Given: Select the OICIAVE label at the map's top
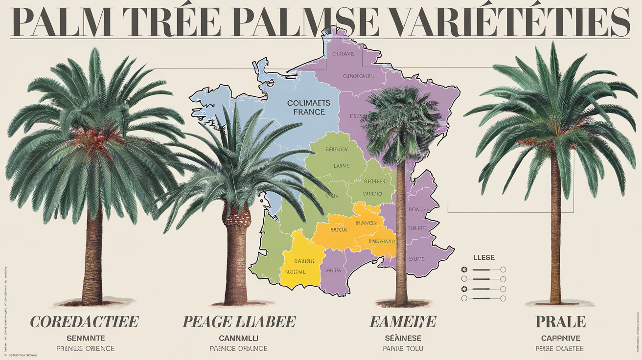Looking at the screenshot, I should (x=343, y=54).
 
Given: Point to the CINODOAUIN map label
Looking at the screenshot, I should (x=358, y=76).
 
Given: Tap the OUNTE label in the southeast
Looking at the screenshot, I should (x=416, y=258).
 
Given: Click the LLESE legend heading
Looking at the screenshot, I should (x=484, y=257).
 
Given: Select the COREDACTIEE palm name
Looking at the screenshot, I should (x=85, y=321).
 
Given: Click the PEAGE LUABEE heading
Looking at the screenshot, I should (x=239, y=321).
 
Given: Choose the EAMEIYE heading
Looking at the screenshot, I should (x=403, y=321).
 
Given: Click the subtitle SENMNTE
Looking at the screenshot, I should (x=86, y=338).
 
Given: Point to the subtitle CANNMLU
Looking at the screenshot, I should (x=238, y=338).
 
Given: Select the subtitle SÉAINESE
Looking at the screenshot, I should (x=403, y=338).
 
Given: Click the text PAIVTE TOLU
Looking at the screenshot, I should (x=403, y=349).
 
